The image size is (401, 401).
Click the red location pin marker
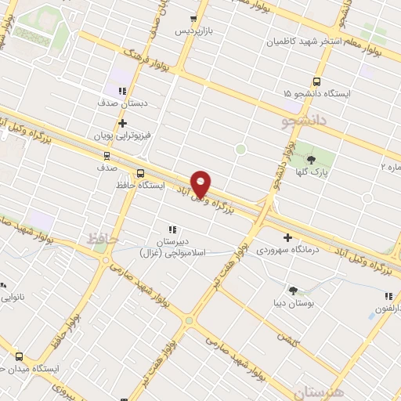(x=201, y=185)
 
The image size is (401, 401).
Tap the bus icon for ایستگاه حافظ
(x=140, y=174)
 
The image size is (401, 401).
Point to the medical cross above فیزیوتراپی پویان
(x=122, y=123)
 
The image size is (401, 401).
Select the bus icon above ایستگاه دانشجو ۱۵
(x=316, y=81)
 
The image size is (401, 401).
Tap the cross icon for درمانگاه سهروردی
(x=288, y=237)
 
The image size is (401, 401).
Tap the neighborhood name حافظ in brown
(x=97, y=236)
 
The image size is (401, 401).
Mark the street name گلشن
(x=288, y=335)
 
